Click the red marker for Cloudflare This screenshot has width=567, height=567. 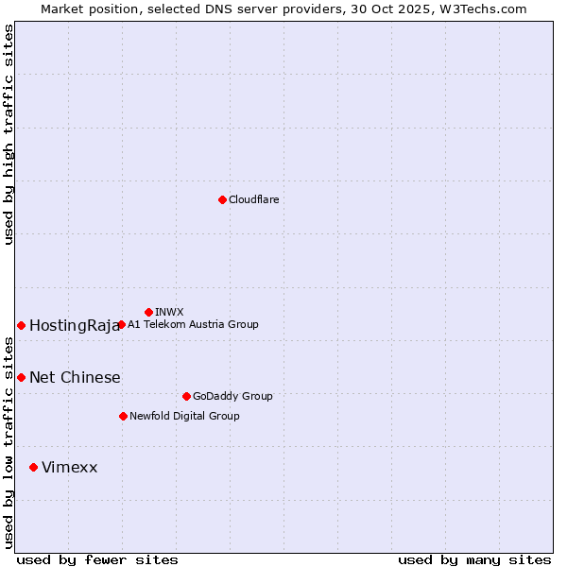[222, 199]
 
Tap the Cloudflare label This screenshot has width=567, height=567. [253, 199]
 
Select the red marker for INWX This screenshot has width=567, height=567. [148, 312]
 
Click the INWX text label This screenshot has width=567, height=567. [169, 312]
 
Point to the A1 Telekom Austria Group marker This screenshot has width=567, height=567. [121, 324]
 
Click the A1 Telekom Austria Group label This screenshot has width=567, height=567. [193, 324]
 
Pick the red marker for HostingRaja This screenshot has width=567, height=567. [21, 325]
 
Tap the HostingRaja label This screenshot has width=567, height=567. [75, 326]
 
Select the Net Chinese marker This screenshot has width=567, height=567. [21, 377]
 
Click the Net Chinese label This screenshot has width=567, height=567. [75, 378]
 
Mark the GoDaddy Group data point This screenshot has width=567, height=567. [186, 396]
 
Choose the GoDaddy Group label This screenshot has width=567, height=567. [232, 396]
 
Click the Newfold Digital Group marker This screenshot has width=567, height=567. [123, 416]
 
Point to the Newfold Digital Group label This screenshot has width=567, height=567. [184, 416]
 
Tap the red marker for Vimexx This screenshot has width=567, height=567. [33, 467]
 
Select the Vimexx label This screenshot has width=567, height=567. [69, 468]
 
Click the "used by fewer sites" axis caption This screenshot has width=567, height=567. [97, 559]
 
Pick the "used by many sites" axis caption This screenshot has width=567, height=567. [474, 559]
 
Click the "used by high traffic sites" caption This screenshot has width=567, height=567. [9, 134]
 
